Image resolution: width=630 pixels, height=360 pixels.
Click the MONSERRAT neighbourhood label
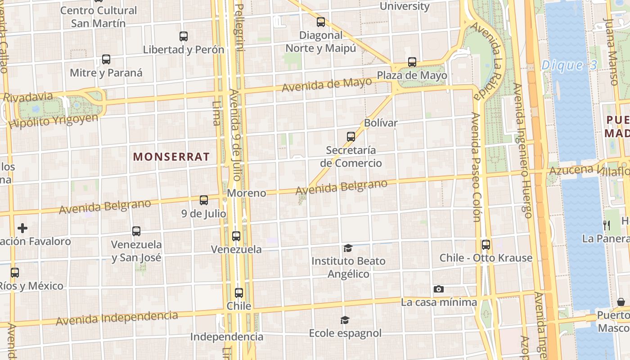pyautogui.click(x=171, y=157)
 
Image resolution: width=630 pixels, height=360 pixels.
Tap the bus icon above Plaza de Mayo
pyautogui.click(x=412, y=62)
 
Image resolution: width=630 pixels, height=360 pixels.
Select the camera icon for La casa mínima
pyautogui.click(x=439, y=289)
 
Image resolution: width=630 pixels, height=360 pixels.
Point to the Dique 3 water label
pyautogui.click(x=569, y=65)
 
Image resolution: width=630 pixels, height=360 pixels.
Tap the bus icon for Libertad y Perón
pyautogui.click(x=184, y=36)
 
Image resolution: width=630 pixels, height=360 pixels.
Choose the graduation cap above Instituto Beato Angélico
pyautogui.click(x=348, y=248)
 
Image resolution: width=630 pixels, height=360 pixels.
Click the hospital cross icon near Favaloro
pyautogui.click(x=22, y=228)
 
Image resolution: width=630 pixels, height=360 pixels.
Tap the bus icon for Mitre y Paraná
pyautogui.click(x=106, y=59)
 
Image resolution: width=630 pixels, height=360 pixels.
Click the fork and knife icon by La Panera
pyautogui.click(x=607, y=225)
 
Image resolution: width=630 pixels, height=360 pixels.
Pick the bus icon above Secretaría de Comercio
pyautogui.click(x=351, y=137)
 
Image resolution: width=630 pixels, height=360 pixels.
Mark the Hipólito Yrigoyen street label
pyautogui.click(x=53, y=121)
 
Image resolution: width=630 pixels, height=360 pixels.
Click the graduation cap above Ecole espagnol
pyautogui.click(x=345, y=320)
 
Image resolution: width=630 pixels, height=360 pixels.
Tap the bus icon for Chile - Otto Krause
pyautogui.click(x=486, y=245)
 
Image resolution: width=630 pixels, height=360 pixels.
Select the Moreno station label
pyautogui.click(x=247, y=193)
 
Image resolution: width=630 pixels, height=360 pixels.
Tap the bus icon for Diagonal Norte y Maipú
pyautogui.click(x=321, y=22)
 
